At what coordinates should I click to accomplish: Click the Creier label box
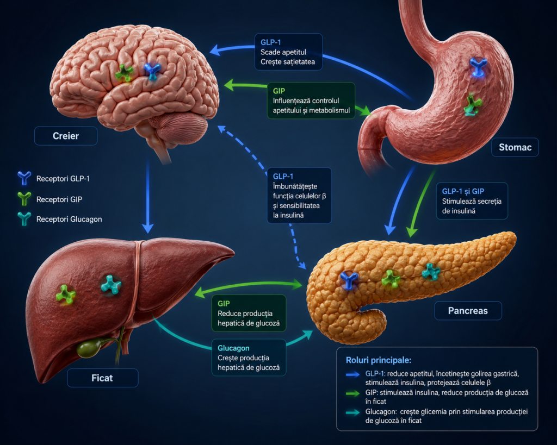pos(66,136)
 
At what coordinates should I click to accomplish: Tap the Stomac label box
pos(515,147)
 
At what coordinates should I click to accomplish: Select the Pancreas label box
pos(468,311)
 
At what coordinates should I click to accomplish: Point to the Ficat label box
pos(102,378)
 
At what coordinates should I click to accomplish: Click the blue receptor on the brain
pos(153,71)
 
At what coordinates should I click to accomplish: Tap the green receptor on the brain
pos(124,73)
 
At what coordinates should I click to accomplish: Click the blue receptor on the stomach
pos(478,67)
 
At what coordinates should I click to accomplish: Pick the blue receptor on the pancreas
pos(349,280)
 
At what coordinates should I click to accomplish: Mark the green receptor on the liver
pos(66,294)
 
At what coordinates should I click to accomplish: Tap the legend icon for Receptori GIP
pos(24,199)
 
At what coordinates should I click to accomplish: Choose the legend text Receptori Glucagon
pos(69,220)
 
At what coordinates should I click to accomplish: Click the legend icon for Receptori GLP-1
pos(24,178)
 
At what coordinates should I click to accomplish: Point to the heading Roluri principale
pos(379,360)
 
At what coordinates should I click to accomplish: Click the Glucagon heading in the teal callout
pos(233,348)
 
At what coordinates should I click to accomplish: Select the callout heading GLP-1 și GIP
pos(463,191)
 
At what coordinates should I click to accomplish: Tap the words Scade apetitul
pos(283,52)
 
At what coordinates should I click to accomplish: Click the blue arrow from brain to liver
pos(147,197)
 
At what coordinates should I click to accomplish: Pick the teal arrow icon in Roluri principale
pos(352,412)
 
